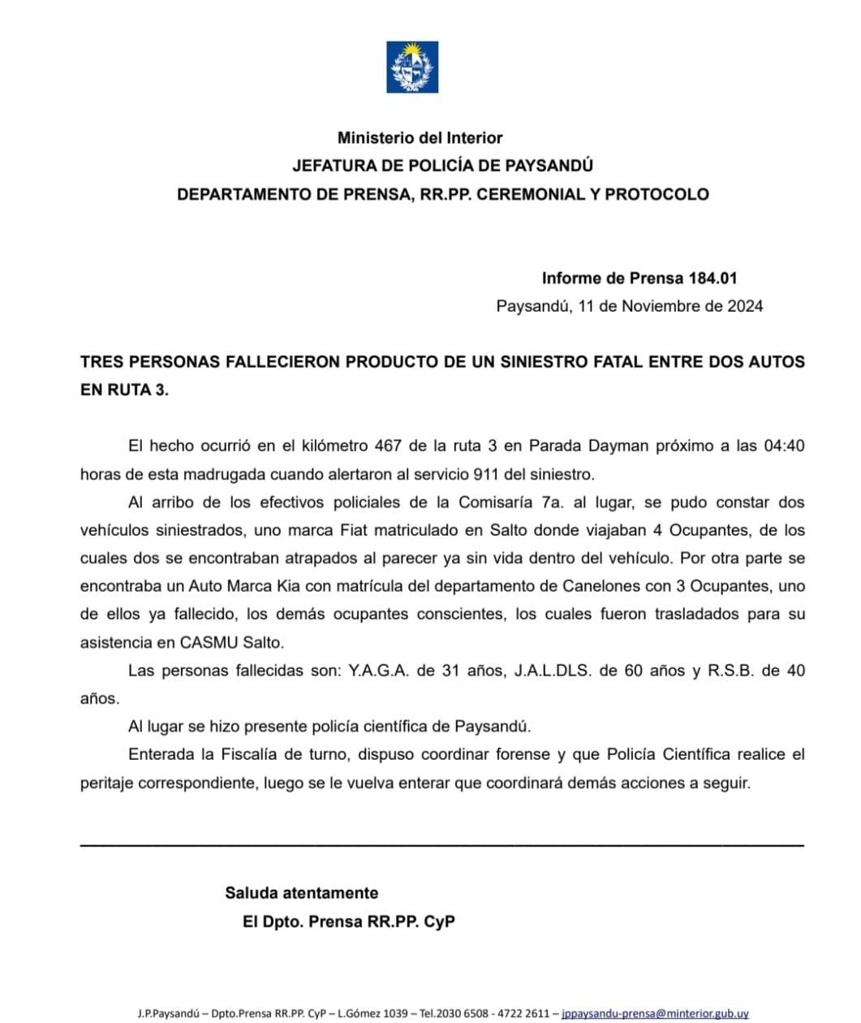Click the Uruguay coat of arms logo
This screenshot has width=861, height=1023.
pos(411,67)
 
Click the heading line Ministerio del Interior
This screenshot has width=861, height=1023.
pos(420,138)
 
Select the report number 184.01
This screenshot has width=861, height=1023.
pos(712,278)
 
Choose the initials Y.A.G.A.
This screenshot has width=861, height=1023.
pos(379,671)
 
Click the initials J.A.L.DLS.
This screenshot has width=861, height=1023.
pos(552,671)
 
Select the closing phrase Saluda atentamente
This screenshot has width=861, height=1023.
pos(301,893)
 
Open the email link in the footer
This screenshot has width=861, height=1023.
pos(654,1013)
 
